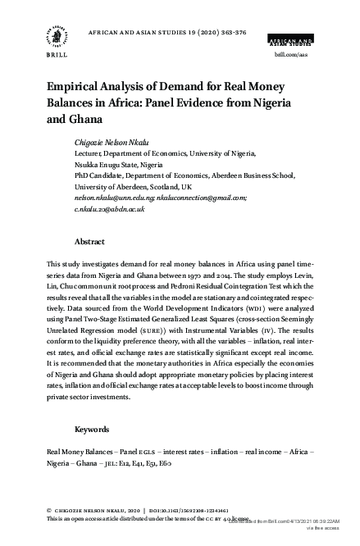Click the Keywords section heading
click(92, 429)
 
